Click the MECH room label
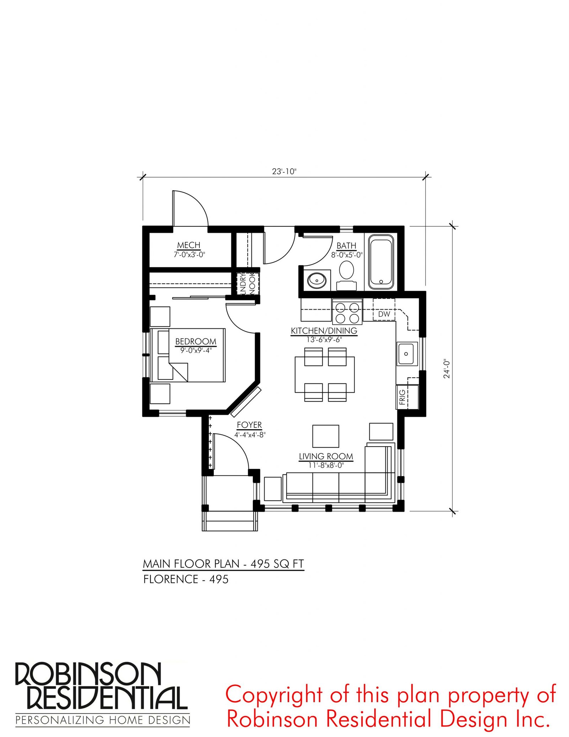coord(189,245)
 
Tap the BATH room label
coord(346,246)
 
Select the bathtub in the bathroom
coord(381,262)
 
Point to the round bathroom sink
coord(316,280)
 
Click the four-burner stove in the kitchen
coord(347,312)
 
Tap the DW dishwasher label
coord(384,314)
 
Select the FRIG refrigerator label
coord(402,397)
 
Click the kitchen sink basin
coord(407,354)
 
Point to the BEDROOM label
coord(196,342)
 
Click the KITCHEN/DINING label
coord(324,331)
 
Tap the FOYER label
coord(249,425)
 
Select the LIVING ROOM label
coord(326,456)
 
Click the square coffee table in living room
coord(326,436)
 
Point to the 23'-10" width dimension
coord(284,172)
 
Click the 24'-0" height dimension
coord(447,369)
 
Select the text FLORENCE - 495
coord(186,579)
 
